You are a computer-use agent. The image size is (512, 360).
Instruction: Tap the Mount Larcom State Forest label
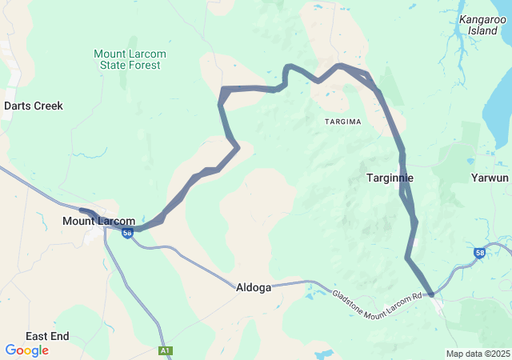[130, 60]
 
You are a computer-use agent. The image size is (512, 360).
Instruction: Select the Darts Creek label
[34, 106]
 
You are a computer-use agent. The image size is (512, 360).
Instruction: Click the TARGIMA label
[343, 122]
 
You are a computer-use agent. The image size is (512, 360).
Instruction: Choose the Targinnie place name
[390, 178]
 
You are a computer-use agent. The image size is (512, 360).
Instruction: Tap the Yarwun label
[490, 178]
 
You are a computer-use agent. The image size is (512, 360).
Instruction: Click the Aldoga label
[254, 287]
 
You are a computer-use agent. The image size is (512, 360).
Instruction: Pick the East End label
[47, 336]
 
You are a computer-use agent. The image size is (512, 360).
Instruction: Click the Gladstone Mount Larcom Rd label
[377, 297]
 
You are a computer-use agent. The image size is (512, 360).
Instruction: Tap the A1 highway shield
[165, 350]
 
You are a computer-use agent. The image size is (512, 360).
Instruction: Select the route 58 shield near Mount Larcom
[127, 233]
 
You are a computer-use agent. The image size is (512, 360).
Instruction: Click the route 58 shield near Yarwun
[479, 253]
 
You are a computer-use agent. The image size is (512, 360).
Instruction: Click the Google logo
[26, 350]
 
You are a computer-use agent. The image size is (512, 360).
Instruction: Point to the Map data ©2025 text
[477, 354]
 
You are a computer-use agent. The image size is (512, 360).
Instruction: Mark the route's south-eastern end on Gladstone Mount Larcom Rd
[431, 294]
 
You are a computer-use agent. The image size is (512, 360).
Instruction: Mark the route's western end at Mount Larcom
[82, 210]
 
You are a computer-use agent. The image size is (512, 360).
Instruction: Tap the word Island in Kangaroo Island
[482, 30]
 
